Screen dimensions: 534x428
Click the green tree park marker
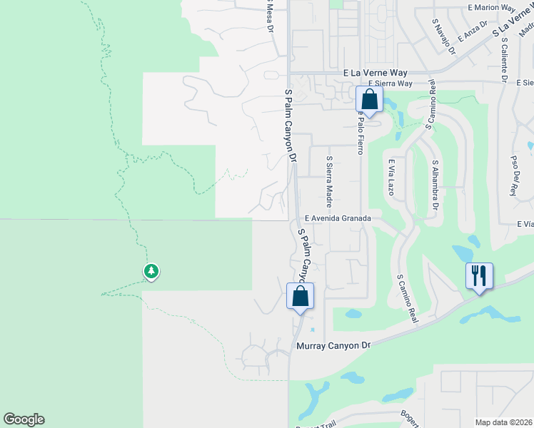[151, 271]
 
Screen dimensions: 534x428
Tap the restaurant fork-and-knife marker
[479, 275]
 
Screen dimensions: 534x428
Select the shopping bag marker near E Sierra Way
[369, 98]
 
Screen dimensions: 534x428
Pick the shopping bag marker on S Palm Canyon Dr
[300, 295]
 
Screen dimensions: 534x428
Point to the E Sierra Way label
[389, 83]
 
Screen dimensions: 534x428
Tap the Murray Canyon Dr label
[334, 346]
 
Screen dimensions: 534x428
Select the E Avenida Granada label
[338, 218]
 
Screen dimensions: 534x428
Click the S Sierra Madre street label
[329, 178]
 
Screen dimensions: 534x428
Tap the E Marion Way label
[492, 8]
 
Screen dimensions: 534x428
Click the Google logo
[24, 419]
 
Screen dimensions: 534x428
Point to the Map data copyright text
[503, 422]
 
